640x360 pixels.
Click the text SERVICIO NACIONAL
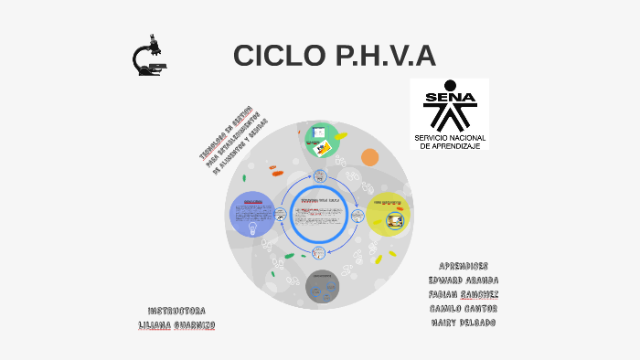point(450,138)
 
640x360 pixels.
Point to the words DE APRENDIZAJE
point(450,146)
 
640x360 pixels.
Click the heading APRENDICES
point(464,266)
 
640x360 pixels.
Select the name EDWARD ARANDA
point(463,281)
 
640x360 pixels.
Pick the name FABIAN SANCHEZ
point(463,295)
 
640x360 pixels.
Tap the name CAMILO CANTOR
point(463,309)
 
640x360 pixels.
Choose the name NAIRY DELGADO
point(463,323)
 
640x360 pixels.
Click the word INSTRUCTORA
point(176,311)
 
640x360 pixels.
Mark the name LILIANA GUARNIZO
point(176,325)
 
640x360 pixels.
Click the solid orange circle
point(369,157)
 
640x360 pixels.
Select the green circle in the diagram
point(322,139)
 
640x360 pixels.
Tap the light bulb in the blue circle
point(252,228)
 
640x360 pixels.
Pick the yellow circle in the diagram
point(389,216)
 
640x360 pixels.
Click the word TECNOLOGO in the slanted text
point(213,145)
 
